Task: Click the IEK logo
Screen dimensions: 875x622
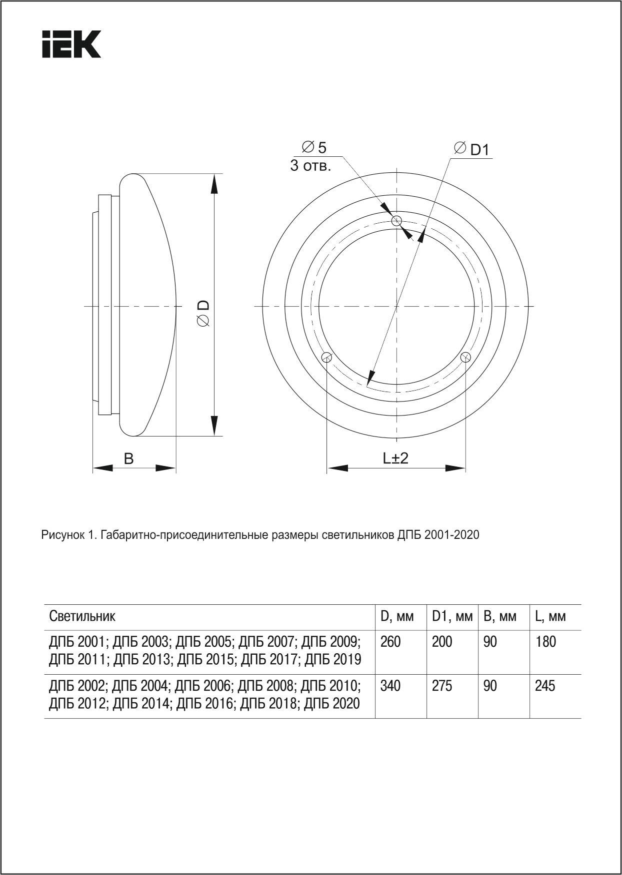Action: [x=71, y=44]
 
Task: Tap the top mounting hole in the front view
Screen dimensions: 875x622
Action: [x=397, y=221]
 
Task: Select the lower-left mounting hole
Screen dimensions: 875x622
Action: [x=327, y=357]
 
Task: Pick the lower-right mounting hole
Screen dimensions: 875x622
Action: [x=466, y=357]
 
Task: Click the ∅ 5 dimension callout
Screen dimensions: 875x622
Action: [x=314, y=147]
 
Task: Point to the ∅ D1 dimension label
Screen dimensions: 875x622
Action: [x=472, y=149]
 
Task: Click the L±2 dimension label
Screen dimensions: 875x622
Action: [x=396, y=458]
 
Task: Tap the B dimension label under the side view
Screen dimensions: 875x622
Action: [x=129, y=458]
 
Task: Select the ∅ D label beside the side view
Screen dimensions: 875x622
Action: [x=203, y=314]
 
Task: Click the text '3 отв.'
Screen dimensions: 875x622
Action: [x=310, y=166]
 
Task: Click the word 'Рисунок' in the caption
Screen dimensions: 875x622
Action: [x=61, y=535]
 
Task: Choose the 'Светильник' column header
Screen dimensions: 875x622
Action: [x=82, y=616]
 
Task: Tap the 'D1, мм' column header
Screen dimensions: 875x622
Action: [x=452, y=616]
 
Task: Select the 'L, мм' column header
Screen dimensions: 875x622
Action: [x=550, y=616]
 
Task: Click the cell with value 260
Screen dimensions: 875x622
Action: [x=390, y=641]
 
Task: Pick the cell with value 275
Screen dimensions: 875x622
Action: [x=442, y=686]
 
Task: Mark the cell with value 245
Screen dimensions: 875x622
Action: [x=545, y=686]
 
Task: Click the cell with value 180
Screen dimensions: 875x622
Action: [x=545, y=641]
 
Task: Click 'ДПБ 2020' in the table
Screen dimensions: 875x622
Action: [x=332, y=703]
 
